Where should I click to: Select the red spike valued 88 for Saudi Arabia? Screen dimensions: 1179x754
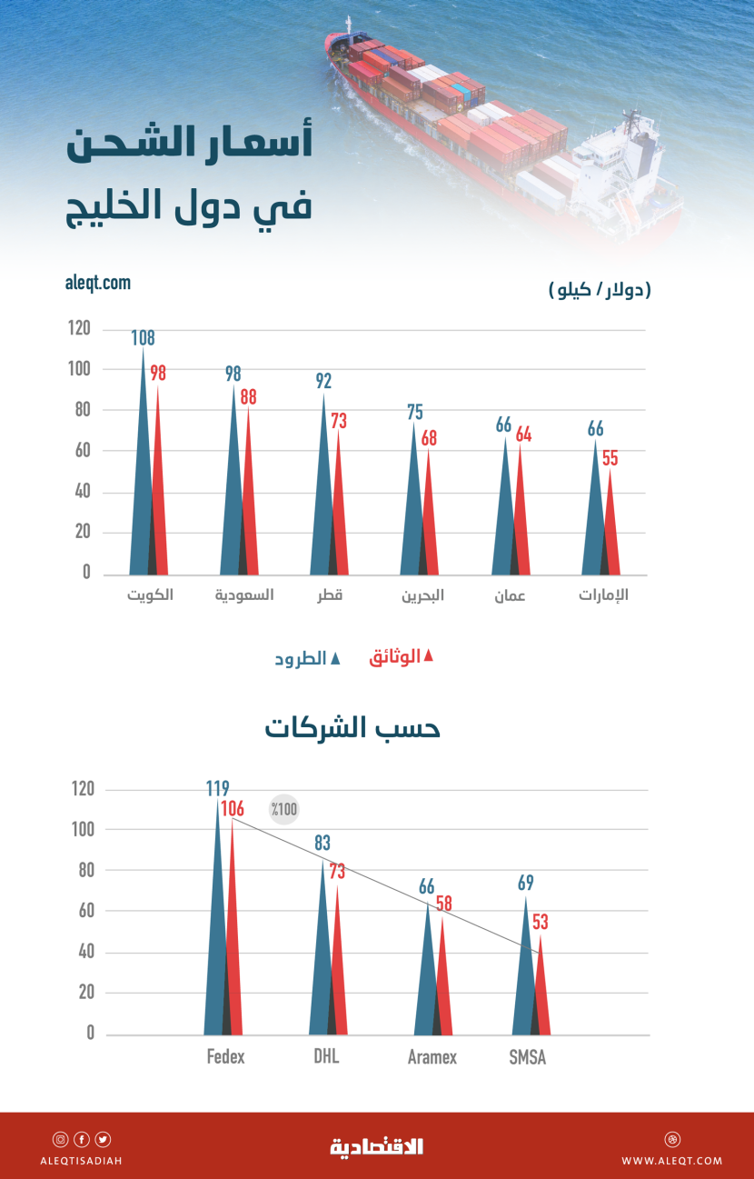click(x=247, y=500)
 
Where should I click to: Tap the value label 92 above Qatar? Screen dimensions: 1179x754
click(x=323, y=381)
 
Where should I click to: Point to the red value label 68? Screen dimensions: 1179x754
click(x=429, y=438)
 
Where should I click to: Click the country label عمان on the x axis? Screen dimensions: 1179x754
click(x=510, y=597)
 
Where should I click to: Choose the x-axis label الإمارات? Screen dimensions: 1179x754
click(x=604, y=596)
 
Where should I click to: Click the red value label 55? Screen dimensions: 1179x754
click(x=610, y=458)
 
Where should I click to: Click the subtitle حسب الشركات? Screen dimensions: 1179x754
click(x=352, y=728)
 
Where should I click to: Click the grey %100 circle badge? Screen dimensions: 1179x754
click(x=284, y=809)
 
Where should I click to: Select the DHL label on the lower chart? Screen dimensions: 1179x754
click(x=325, y=1056)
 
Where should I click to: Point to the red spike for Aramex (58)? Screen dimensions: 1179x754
click(x=441, y=982)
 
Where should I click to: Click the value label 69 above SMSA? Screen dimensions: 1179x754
click(x=525, y=883)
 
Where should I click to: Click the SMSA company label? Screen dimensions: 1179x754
click(x=528, y=1057)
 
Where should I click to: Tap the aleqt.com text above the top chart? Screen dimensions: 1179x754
click(x=98, y=283)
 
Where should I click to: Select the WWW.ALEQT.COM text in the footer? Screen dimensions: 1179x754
click(x=672, y=1161)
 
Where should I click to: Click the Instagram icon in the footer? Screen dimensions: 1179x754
click(x=60, y=1140)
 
